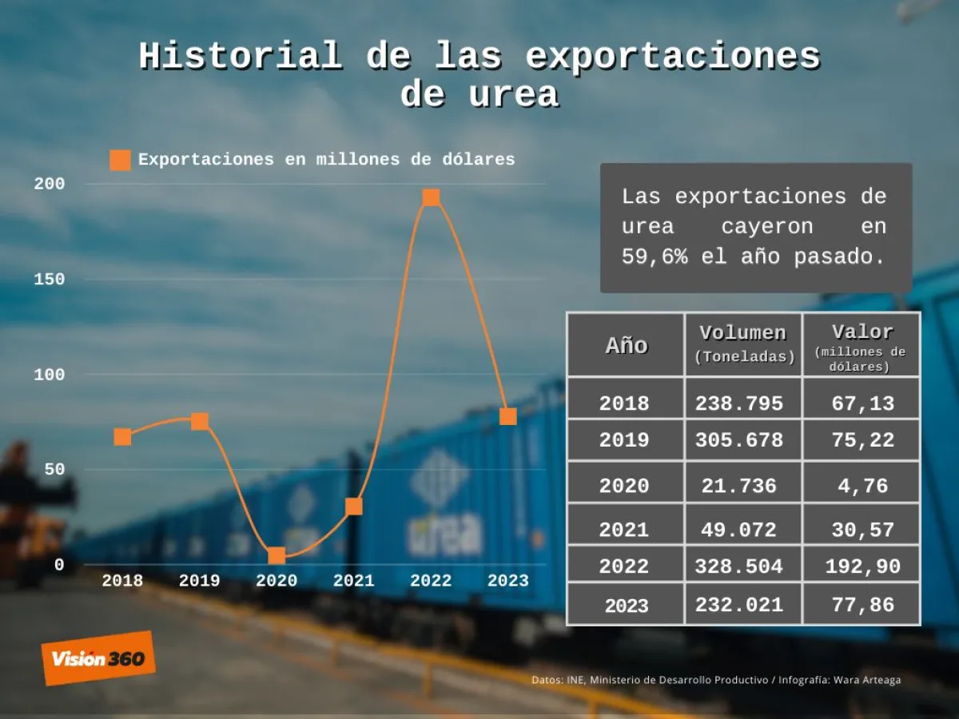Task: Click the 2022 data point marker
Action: [431, 197]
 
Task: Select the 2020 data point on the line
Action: [277, 555]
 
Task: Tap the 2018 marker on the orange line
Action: [122, 436]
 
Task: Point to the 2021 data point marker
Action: [353, 506]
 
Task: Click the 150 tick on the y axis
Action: [49, 279]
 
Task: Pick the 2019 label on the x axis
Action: [199, 581]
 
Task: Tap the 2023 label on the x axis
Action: [508, 581]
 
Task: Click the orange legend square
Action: [120, 160]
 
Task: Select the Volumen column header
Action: [743, 333]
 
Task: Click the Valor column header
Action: [862, 332]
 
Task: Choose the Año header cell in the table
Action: [626, 345]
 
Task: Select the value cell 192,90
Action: [862, 566]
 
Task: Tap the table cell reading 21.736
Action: [739, 486]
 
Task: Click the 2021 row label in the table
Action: [624, 529]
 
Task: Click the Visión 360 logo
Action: [98, 658]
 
